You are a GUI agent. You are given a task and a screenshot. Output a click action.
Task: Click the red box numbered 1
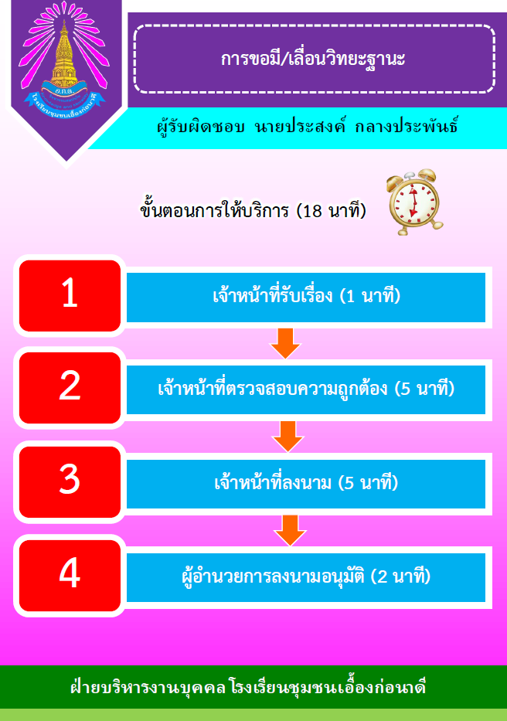70,296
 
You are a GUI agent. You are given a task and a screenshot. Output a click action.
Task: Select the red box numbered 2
70,388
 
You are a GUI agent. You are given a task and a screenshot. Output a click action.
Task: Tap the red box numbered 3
70,481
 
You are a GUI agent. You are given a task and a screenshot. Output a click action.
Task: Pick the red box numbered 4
70,575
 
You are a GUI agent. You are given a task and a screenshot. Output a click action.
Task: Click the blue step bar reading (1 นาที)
306,297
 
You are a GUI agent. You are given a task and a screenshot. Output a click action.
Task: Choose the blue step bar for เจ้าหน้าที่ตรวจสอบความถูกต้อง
306,389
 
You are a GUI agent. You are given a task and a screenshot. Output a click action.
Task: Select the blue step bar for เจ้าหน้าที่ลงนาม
306,483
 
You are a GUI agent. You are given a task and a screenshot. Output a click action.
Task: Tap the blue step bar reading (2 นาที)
306,577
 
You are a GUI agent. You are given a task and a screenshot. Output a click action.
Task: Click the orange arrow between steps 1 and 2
285,343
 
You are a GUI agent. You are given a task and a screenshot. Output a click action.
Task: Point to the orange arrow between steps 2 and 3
288,437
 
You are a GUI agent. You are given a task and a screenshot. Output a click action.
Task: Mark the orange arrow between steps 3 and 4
290,530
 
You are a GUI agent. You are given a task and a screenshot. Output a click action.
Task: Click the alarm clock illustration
413,202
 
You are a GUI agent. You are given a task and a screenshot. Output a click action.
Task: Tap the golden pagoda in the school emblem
64,54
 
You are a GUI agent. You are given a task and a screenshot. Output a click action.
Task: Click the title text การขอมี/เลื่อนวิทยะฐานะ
313,59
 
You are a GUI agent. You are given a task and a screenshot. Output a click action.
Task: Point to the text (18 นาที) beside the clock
332,211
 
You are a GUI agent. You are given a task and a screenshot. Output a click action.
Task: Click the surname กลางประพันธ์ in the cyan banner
407,126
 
